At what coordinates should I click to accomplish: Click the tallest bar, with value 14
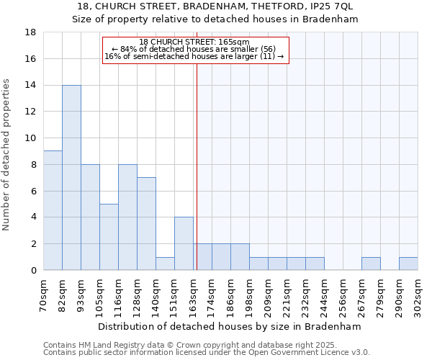[x=71, y=178]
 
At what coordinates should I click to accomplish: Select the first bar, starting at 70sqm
[x=53, y=210]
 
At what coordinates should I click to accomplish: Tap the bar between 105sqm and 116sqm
[x=109, y=237]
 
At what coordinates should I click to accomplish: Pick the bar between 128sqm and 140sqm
[x=146, y=224]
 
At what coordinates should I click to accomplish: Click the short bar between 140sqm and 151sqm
[x=165, y=264]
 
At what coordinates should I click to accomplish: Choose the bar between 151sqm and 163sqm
[x=184, y=243]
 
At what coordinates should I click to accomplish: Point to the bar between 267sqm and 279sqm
[x=371, y=264]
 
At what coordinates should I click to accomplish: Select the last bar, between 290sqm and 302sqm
[x=408, y=264]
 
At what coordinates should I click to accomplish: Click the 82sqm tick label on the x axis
[x=62, y=294]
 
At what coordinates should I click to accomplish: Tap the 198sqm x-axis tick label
[x=249, y=294]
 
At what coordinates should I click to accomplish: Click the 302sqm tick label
[x=418, y=294]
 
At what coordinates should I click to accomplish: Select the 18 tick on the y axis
[x=31, y=32]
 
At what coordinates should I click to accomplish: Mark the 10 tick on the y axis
[x=31, y=138]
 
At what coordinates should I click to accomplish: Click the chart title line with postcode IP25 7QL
[x=215, y=6]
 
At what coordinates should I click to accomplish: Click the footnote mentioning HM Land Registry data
[x=206, y=346]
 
